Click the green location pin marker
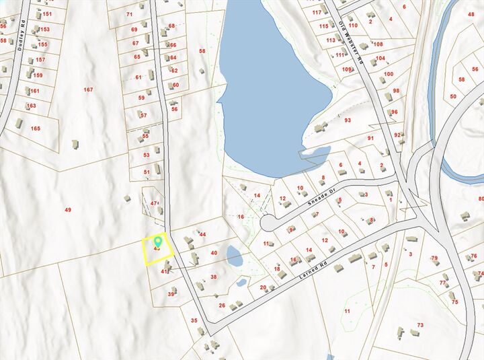pyautogui.click(x=159, y=240)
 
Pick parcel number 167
pyautogui.click(x=88, y=90)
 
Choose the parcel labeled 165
pyautogui.click(x=35, y=128)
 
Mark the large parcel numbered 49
pyautogui.click(x=68, y=210)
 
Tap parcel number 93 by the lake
pyautogui.click(x=348, y=120)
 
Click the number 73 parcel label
pyautogui.click(x=420, y=325)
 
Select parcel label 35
pyautogui.click(x=194, y=320)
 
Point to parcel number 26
pyautogui.click(x=222, y=305)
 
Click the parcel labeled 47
pyautogui.click(x=154, y=203)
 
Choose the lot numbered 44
pyautogui.click(x=202, y=234)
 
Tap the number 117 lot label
pyautogui.click(x=317, y=12)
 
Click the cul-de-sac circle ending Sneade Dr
pyautogui.click(x=268, y=221)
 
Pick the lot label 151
pyautogui.click(x=47, y=13)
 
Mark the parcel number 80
pyautogui.click(x=481, y=199)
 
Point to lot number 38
pyautogui.click(x=214, y=277)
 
